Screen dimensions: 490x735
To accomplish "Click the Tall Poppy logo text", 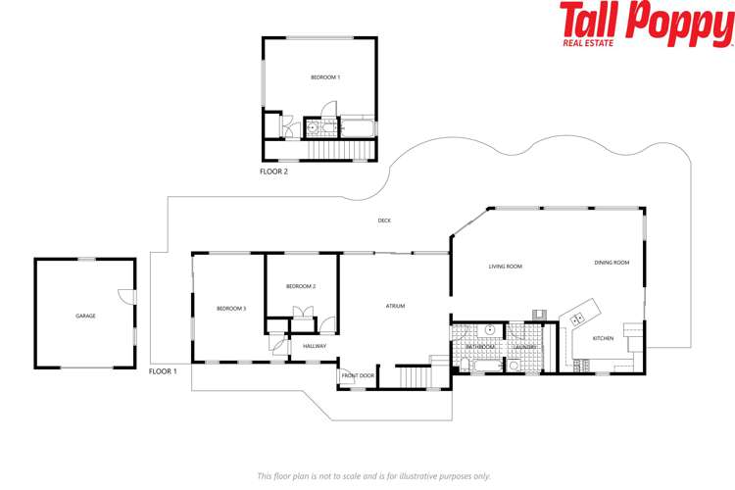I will pos(647,22).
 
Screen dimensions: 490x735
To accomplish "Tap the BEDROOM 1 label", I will pos(325,76).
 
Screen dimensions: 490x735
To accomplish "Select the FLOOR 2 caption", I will pos(273,171).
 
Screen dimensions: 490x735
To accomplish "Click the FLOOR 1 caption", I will pos(163,371).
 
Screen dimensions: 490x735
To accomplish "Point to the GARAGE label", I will pos(85,316).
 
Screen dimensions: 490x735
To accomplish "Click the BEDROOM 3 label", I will pos(231,309).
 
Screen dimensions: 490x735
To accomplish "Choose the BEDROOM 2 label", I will pos(301,286).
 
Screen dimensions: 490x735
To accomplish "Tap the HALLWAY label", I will pos(315,346).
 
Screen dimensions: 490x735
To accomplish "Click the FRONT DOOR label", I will pos(358,376).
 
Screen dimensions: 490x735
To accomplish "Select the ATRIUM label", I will pos(395,306).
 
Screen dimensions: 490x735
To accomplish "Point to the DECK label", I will pos(385,220).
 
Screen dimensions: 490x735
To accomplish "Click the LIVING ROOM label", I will pos(506,267).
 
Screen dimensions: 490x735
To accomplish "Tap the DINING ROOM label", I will pos(612,263).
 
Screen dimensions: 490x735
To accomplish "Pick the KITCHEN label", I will pos(603,338).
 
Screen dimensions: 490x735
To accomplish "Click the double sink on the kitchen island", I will pos(578,318).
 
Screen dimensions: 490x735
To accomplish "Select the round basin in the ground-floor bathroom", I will pos(488,330).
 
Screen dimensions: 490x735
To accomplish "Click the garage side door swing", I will pos(123,296).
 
